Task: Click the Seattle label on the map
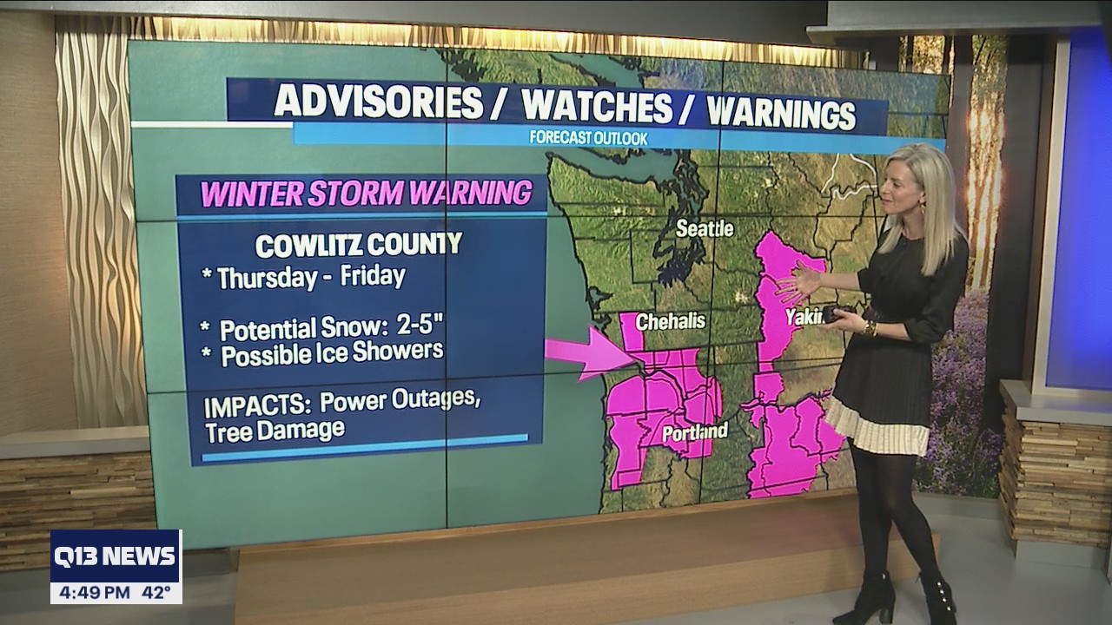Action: [x=705, y=229]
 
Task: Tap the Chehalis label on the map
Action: [x=670, y=321]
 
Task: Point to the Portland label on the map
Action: [x=694, y=431]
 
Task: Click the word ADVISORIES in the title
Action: [x=378, y=102]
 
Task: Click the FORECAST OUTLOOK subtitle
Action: [x=588, y=137]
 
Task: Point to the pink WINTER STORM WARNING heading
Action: [x=366, y=193]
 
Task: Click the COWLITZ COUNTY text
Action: [x=358, y=245]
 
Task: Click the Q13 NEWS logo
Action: [x=116, y=556]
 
